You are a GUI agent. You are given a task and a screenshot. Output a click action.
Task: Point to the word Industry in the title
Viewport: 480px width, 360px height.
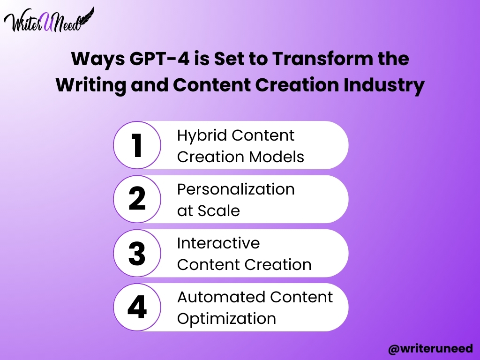click(384, 85)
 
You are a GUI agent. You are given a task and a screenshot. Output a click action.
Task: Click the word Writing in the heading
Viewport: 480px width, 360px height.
click(91, 85)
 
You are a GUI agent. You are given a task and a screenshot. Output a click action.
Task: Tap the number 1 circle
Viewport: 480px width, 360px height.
click(137, 145)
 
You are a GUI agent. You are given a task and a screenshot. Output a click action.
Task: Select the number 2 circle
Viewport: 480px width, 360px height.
click(137, 199)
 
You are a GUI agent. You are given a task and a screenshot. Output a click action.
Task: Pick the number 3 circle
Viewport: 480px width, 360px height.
click(137, 253)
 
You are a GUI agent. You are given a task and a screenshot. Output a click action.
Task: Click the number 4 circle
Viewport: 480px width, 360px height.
click(137, 307)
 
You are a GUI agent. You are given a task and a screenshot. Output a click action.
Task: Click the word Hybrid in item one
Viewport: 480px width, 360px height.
click(202, 136)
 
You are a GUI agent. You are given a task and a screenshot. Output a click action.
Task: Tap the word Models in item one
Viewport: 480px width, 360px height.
click(277, 157)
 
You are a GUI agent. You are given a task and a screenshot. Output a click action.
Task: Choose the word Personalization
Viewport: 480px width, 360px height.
click(236, 189)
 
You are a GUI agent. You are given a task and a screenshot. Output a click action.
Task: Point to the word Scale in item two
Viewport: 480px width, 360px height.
click(218, 210)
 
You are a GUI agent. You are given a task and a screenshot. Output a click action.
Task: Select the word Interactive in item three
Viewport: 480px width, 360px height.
click(218, 243)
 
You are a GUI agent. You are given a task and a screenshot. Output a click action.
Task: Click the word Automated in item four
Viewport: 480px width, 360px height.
click(221, 297)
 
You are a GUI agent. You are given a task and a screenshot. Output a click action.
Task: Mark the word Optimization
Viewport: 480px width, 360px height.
click(226, 319)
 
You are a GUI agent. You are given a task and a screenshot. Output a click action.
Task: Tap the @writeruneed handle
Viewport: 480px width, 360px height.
click(430, 349)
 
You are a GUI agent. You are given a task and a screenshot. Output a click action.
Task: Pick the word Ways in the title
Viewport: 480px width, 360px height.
click(98, 59)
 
